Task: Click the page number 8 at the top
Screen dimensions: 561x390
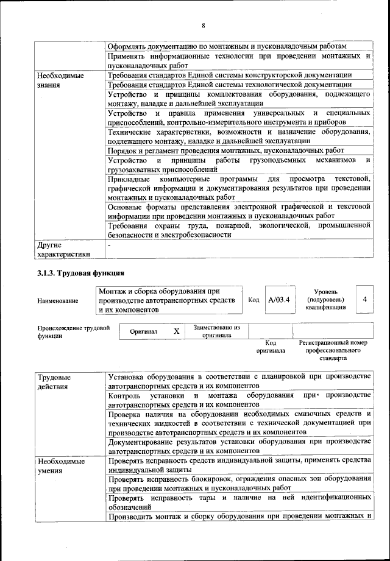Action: [x=204, y=25]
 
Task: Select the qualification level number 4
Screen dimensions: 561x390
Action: [x=364, y=300]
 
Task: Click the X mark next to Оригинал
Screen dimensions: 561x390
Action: [x=177, y=331]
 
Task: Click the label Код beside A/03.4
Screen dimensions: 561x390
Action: [x=254, y=300]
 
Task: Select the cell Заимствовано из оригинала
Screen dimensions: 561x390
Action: [x=216, y=331]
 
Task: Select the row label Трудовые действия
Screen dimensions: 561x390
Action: [x=54, y=381]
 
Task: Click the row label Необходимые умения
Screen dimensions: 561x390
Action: [x=60, y=467]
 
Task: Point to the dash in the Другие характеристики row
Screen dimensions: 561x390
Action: [x=109, y=245]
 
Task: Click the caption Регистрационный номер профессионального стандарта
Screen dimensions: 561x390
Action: [x=333, y=351]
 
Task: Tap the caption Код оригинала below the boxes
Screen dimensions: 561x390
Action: [x=270, y=347]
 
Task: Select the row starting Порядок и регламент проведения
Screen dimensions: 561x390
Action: [x=225, y=150]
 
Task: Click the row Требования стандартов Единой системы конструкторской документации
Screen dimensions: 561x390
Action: [x=229, y=75]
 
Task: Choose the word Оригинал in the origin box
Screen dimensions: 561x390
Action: [x=143, y=332]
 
